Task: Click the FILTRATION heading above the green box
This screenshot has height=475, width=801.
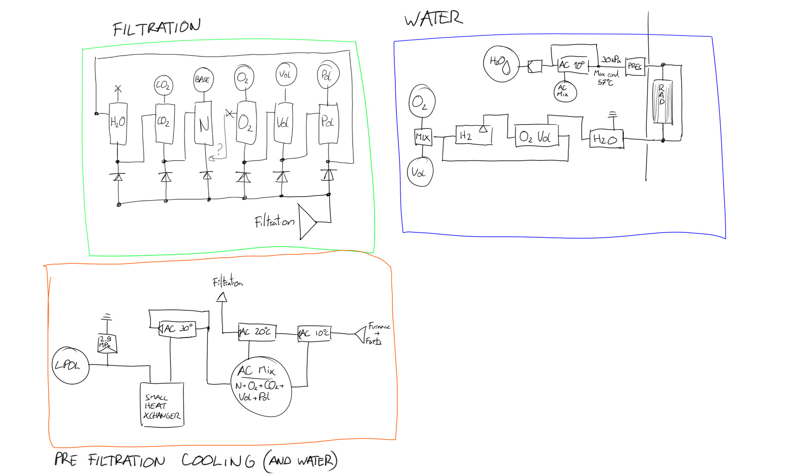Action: click(x=156, y=28)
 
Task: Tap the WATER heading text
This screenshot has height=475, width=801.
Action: click(x=433, y=19)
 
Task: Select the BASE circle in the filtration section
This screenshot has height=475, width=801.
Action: click(x=203, y=80)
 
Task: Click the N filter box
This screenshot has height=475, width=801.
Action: click(x=204, y=124)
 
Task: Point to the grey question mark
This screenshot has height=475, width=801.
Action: click(x=220, y=148)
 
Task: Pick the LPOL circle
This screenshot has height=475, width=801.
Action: click(x=70, y=365)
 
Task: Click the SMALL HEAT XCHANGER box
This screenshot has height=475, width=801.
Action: click(x=162, y=405)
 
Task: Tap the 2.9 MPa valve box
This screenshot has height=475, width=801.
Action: click(x=107, y=344)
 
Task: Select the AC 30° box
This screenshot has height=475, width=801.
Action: click(x=178, y=329)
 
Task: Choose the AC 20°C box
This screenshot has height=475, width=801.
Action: click(x=257, y=332)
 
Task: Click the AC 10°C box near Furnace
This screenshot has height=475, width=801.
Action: click(x=315, y=333)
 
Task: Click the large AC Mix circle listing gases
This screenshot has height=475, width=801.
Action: click(x=261, y=387)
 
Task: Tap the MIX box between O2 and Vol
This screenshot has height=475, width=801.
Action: click(x=423, y=137)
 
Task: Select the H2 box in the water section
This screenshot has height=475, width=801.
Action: click(x=473, y=136)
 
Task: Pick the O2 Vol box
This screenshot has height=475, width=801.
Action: click(x=537, y=137)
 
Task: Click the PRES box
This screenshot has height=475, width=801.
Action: click(x=634, y=66)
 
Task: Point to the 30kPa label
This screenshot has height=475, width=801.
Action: click(x=611, y=59)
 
